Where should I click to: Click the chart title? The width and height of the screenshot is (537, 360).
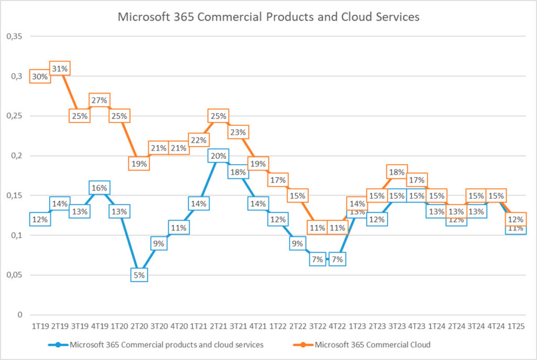(x=268, y=17)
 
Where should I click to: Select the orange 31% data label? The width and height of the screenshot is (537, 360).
(x=60, y=69)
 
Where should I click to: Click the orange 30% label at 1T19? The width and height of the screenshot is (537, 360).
(x=40, y=77)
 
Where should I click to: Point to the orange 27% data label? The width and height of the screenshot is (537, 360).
(x=99, y=100)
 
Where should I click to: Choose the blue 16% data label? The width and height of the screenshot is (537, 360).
(x=99, y=188)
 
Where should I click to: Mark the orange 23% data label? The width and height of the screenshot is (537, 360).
(x=238, y=132)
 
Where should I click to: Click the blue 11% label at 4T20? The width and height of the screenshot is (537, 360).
(x=178, y=227)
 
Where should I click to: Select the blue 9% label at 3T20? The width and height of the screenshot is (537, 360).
(x=158, y=243)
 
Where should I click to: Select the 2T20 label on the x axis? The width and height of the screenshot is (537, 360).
(x=139, y=326)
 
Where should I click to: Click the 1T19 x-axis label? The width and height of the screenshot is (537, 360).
(x=40, y=326)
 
